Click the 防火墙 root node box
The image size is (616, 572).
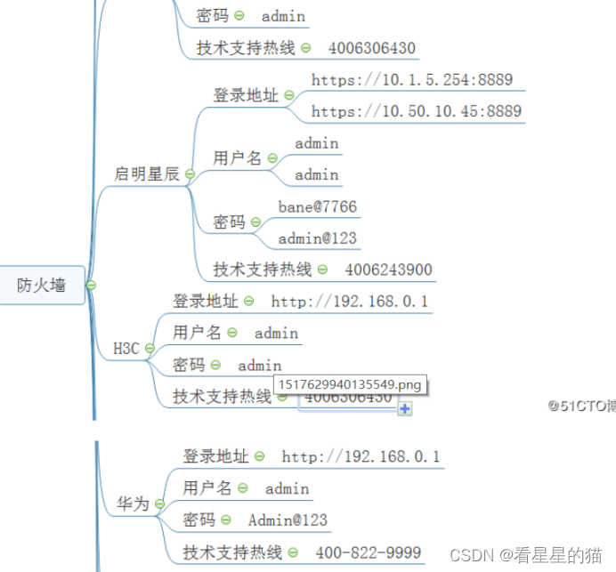tap(42, 286)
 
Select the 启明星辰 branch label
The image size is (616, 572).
tap(147, 174)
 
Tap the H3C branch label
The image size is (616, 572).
tap(126, 349)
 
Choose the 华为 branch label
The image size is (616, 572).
tap(133, 504)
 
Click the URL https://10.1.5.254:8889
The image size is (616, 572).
tap(412, 80)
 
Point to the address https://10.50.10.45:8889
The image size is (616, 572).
tap(416, 112)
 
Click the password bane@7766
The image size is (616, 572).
tap(317, 207)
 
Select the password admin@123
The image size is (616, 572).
tap(317, 238)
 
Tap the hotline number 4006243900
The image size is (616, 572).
tap(388, 270)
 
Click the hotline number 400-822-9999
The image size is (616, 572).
tap(368, 552)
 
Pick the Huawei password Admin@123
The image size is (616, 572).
tap(288, 520)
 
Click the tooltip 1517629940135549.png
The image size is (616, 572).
tap(350, 385)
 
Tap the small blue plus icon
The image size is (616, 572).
tap(405, 408)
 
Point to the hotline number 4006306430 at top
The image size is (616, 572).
tap(371, 48)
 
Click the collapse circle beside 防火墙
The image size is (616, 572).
tap(91, 286)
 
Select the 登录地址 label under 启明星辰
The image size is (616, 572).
tap(245, 95)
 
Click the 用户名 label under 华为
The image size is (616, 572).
tap(207, 487)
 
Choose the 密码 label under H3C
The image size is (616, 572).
tap(189, 365)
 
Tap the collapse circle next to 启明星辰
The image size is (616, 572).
tap(190, 174)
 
